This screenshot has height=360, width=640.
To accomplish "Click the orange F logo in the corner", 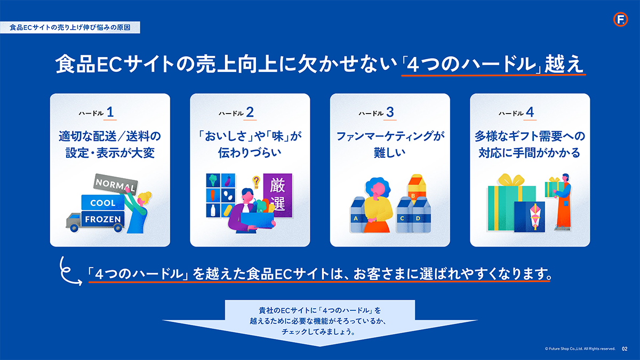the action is point(620,19).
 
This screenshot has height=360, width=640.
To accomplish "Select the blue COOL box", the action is point(103,203).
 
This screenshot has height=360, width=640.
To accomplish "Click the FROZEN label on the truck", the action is point(103,219).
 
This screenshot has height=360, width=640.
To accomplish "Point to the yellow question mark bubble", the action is point(257,182).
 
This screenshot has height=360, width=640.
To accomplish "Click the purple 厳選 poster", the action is point(277,195).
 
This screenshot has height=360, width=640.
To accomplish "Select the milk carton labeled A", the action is point(357,214).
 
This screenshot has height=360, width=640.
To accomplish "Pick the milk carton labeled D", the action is point(421,214).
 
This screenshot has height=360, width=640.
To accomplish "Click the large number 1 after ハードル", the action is point(110,112).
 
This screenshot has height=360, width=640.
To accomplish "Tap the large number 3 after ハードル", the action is point(390,112).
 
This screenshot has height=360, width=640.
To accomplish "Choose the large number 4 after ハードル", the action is point(530,112).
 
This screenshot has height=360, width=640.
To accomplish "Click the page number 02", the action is point(625,349).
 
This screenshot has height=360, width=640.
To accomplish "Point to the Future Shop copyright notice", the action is point(580,349).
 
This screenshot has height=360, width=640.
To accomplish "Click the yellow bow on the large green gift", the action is point(511,180).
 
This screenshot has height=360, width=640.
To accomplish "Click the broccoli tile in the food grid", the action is point(213,181).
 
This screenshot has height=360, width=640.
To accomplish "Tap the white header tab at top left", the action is point(70,27).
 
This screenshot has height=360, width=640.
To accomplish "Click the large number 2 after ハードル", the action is point(250,112).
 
